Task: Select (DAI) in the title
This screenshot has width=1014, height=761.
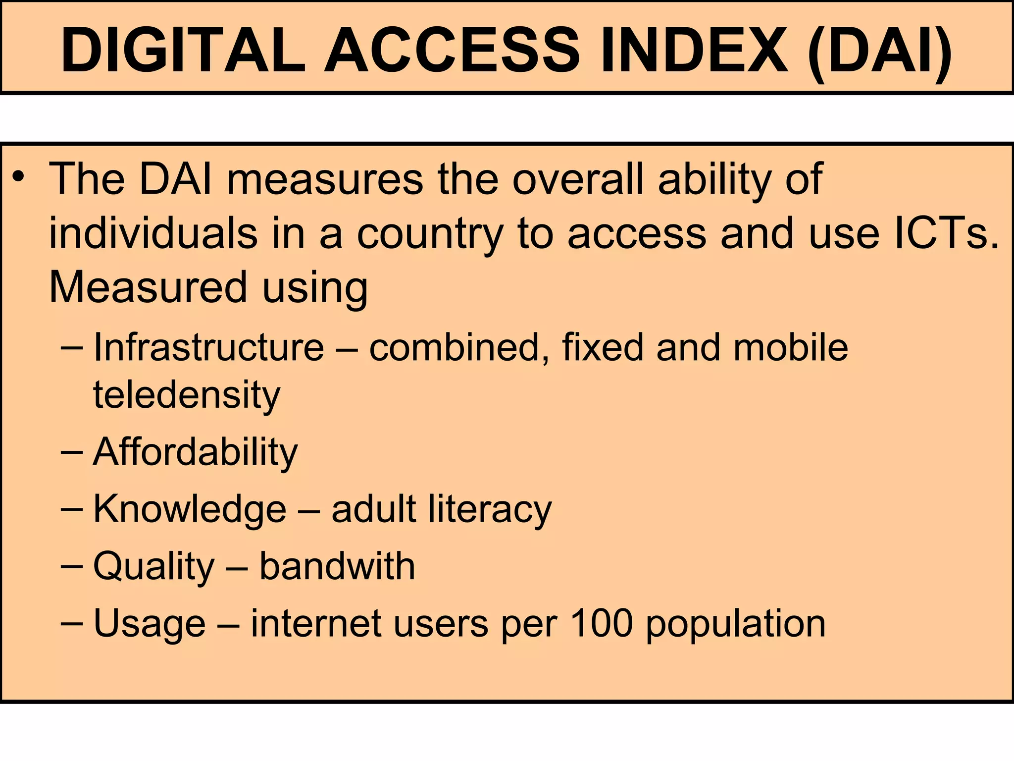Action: coord(879,51)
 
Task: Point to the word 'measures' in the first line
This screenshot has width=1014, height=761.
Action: coord(325,179)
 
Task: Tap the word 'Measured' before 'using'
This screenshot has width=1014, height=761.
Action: coord(148,287)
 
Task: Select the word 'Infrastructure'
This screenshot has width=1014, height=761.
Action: coord(208,347)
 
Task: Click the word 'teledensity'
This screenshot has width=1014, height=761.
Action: coord(187,395)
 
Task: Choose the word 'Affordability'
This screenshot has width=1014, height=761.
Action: coord(195,452)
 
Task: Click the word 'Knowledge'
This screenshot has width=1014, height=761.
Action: coord(190,510)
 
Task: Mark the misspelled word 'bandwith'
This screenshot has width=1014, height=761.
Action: coord(337,566)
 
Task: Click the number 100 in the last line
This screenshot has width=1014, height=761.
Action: coord(601,623)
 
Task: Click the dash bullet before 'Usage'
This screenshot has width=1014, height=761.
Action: coord(71,623)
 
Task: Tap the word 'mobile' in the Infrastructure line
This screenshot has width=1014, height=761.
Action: coord(791,347)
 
